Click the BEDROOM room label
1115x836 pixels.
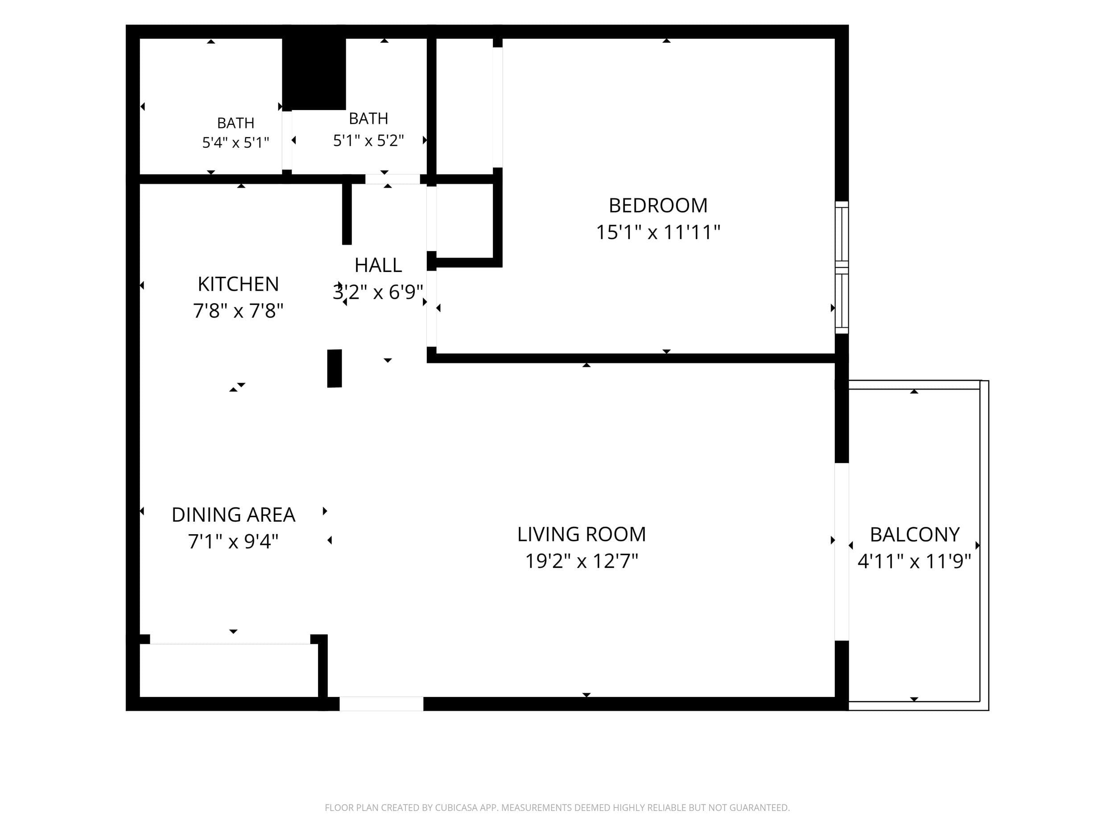point(658,206)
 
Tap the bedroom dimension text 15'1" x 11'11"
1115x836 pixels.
point(658,232)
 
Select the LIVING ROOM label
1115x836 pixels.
point(581,534)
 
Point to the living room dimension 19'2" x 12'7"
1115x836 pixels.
point(581,561)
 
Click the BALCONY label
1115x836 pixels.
point(914,535)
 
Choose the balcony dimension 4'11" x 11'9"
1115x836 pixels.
point(914,561)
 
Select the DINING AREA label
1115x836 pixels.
point(233,515)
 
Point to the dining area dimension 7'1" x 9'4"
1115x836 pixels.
point(233,542)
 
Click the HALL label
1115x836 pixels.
point(378,265)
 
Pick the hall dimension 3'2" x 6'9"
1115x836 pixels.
point(378,292)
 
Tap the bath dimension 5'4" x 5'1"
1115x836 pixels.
point(235,143)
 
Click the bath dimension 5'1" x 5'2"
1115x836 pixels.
point(368,140)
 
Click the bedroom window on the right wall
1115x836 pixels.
point(841,267)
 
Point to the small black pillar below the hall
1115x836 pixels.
point(334,368)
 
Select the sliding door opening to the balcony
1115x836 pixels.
point(841,552)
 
